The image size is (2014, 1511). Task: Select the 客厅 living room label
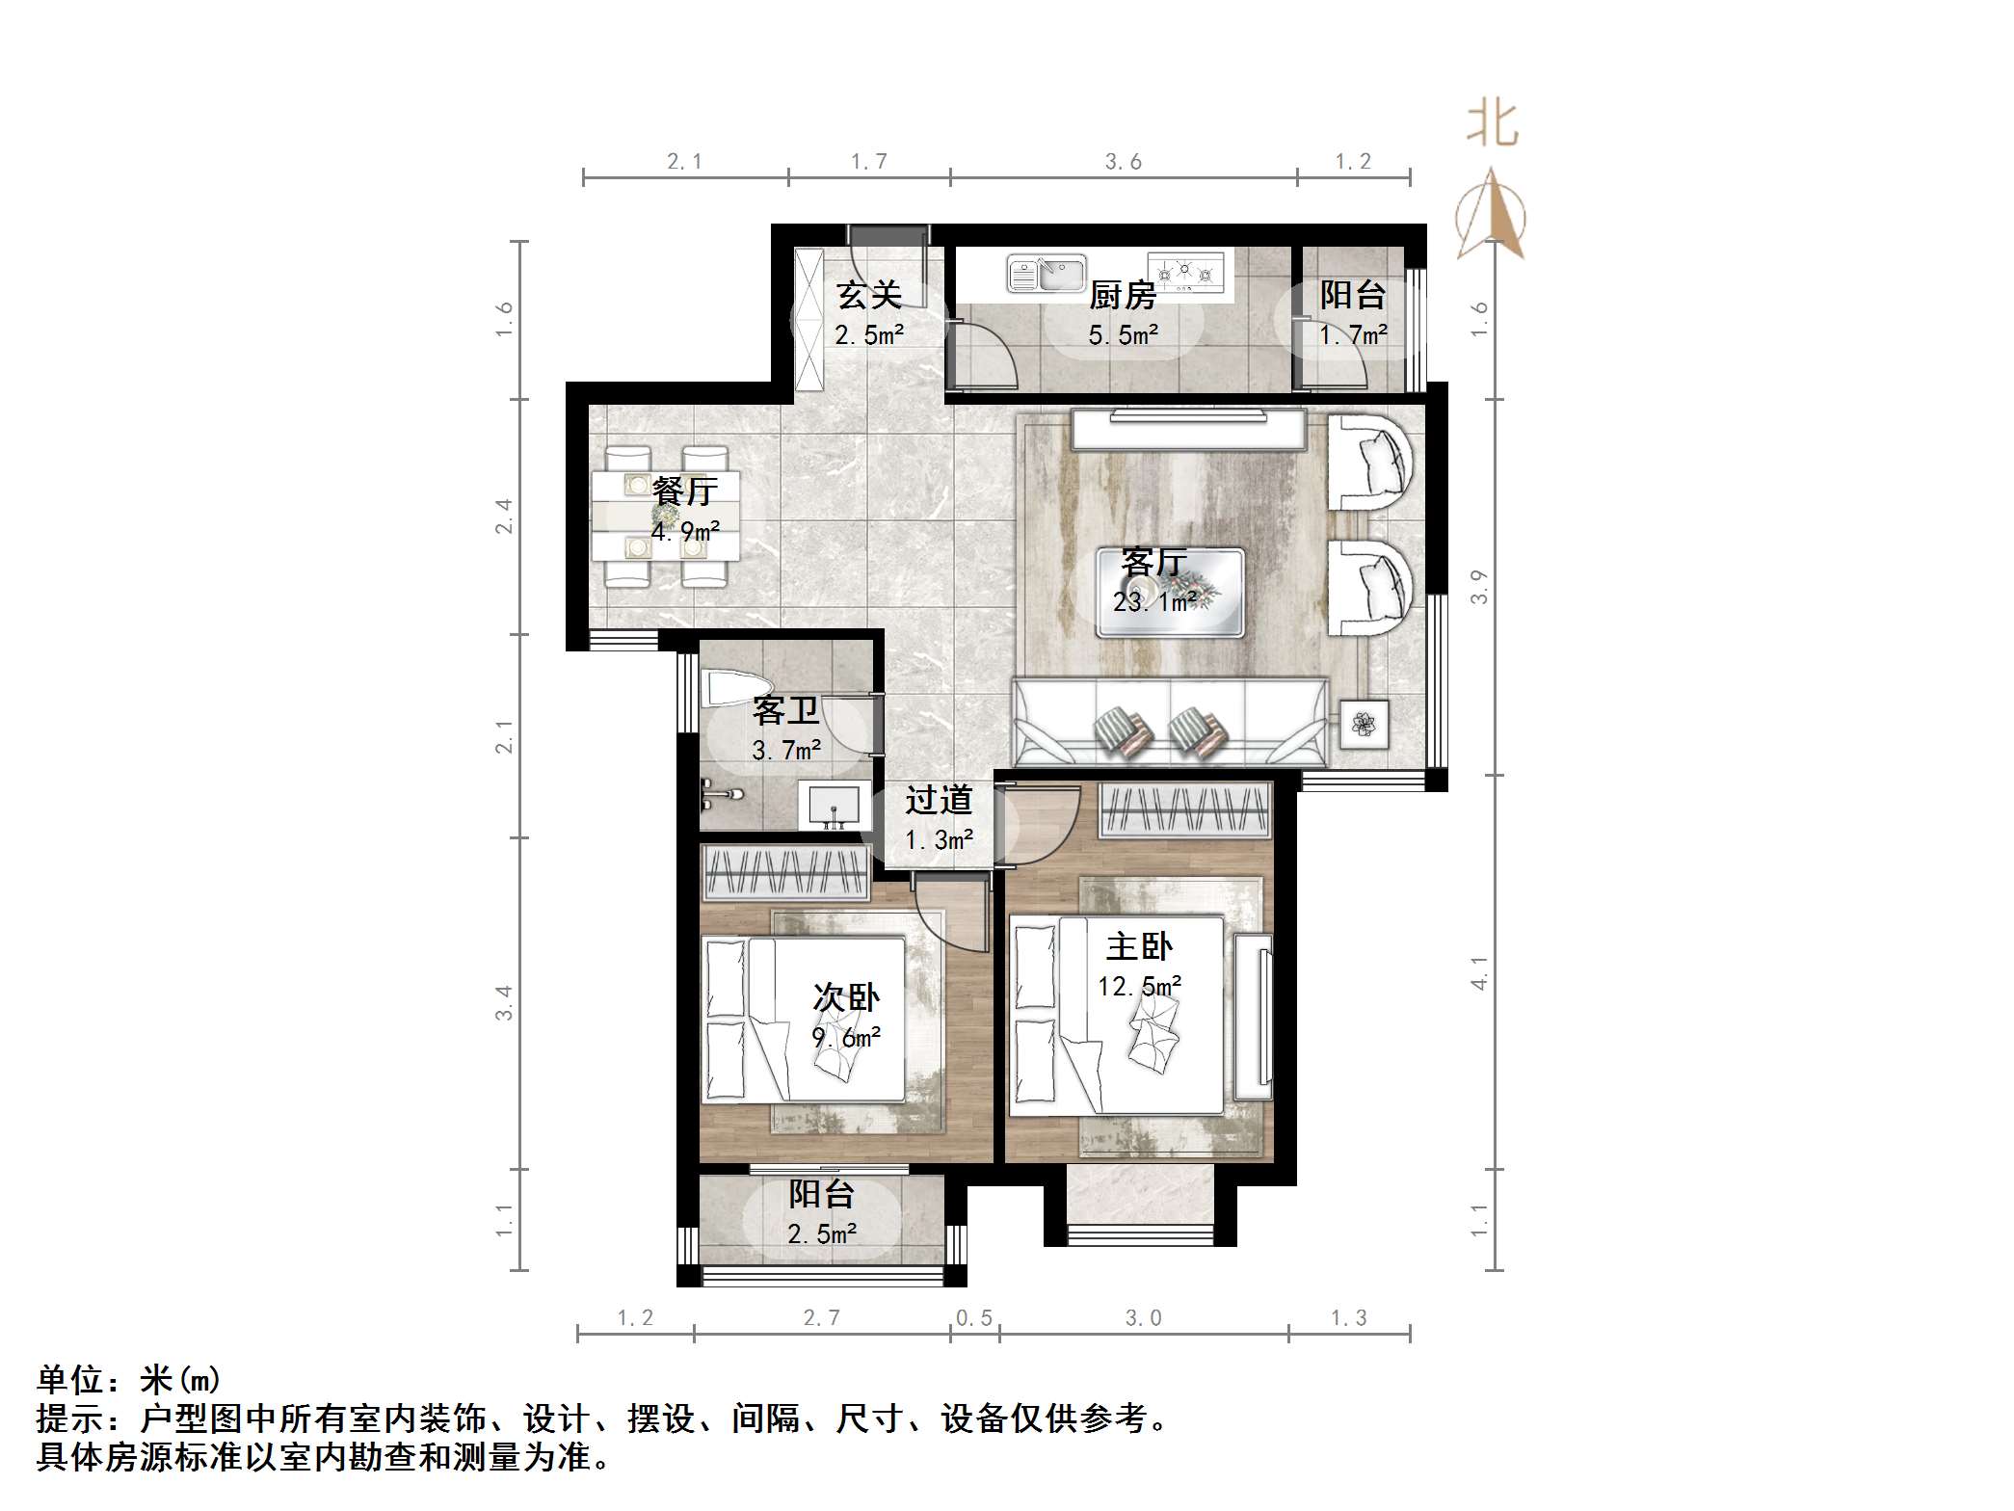(x=1153, y=561)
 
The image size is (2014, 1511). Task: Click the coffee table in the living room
(x=1170, y=593)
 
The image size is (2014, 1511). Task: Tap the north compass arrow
(x=1491, y=214)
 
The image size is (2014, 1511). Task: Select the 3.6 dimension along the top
(x=1123, y=162)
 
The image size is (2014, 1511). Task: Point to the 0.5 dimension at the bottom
(x=973, y=1317)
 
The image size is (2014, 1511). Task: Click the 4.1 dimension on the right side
(x=1479, y=972)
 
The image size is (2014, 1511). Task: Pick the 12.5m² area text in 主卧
(x=1139, y=987)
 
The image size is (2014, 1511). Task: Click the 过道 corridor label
(x=939, y=800)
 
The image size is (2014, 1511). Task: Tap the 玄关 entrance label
(x=868, y=295)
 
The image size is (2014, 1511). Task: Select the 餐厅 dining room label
(x=685, y=491)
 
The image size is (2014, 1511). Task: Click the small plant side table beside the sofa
(x=1363, y=723)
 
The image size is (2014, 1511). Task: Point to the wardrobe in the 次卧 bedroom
(x=785, y=871)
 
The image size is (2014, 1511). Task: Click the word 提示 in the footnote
(x=71, y=1419)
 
